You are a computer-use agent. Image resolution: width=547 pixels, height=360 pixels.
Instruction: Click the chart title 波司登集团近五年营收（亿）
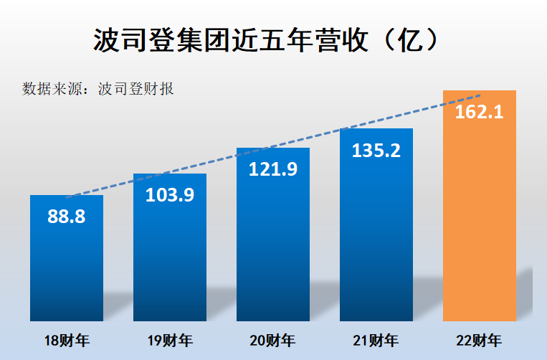pos(265,41)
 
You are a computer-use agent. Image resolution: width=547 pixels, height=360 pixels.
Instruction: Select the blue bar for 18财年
pos(67,273)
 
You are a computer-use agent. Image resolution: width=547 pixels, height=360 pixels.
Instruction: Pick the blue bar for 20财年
pos(273,251)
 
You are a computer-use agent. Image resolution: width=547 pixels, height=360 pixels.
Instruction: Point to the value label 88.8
pos(67,217)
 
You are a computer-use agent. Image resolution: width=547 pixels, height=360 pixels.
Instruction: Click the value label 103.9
pos(170,195)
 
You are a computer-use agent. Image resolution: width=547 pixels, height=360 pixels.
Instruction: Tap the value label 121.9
pos(273,169)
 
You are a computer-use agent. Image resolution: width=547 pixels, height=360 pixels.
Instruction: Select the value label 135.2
pos(376,151)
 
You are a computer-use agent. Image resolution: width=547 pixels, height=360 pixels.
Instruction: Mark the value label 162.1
pos(480,113)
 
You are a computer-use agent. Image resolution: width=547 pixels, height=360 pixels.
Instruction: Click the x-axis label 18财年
pos(67,341)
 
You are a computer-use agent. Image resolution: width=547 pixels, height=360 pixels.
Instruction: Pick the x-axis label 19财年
pos(170,341)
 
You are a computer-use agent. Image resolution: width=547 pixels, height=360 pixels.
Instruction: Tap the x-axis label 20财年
pos(273,341)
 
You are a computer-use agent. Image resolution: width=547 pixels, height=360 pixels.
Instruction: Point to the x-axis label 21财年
pos(376,341)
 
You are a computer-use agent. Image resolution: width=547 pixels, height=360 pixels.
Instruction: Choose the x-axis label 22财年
pos(480,341)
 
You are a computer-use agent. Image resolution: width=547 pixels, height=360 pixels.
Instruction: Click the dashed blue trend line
pos(215,161)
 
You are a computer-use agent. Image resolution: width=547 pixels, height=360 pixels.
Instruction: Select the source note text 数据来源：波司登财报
pos(98,90)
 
